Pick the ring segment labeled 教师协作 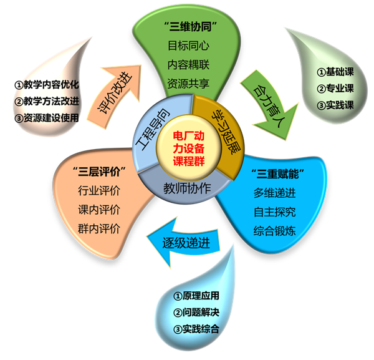click(187, 188)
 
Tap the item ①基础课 click(335, 72)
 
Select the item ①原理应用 click(196, 296)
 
